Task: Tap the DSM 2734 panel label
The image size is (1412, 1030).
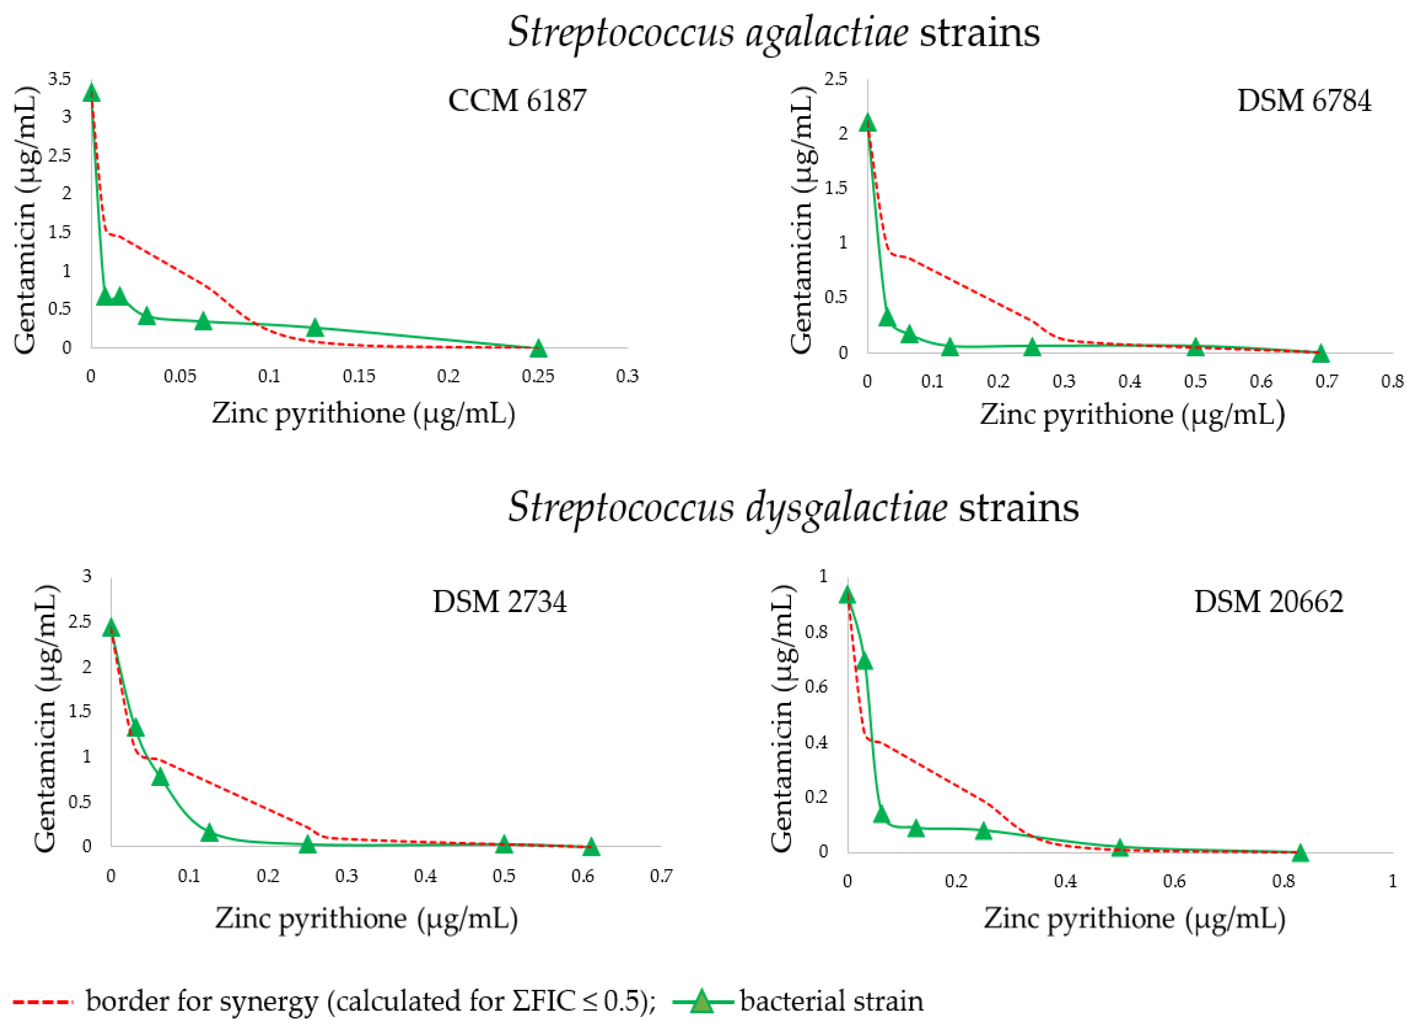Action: (500, 602)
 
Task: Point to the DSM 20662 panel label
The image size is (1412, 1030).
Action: (1268, 602)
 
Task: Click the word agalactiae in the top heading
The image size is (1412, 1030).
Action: (826, 33)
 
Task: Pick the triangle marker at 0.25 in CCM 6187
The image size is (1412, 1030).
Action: (538, 348)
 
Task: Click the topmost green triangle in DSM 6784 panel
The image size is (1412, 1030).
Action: (867, 123)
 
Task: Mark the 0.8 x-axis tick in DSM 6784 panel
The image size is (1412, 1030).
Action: (1392, 381)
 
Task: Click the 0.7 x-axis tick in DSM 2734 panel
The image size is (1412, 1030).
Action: (661, 877)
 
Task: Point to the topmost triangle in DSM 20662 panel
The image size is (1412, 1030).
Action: (846, 595)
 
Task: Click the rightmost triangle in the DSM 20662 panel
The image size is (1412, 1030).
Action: (1300, 852)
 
